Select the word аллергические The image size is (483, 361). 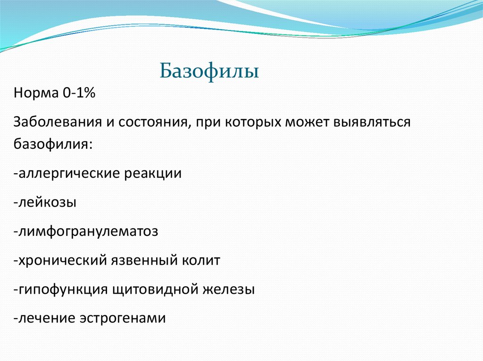coord(67,173)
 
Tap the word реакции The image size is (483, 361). coord(153,173)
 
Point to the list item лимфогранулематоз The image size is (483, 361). coord(85,231)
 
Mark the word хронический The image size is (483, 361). coord(61,260)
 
